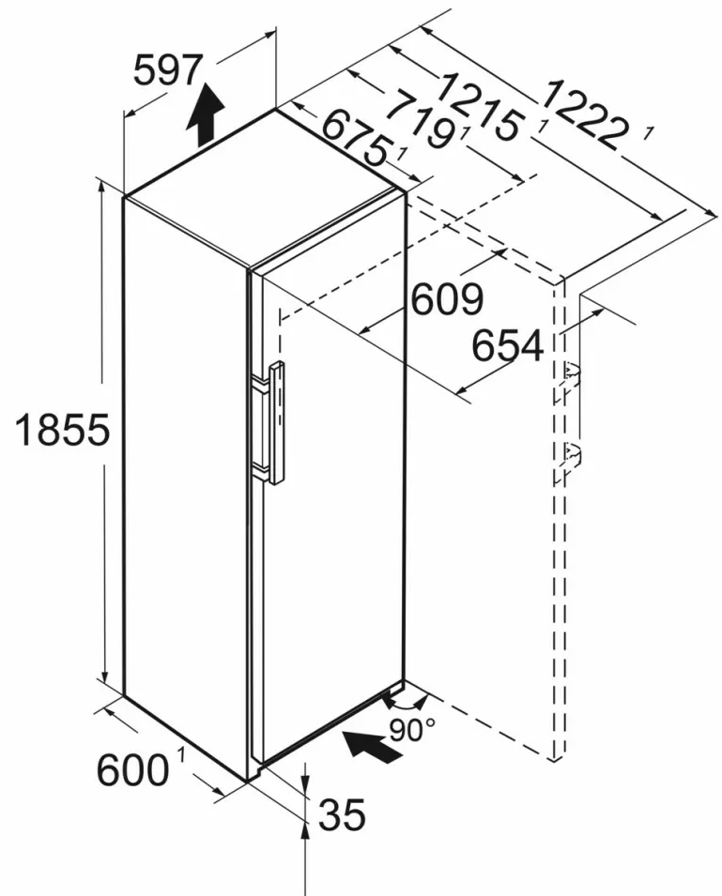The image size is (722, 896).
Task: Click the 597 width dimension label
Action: coord(168,71)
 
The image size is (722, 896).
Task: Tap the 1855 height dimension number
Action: coord(63,431)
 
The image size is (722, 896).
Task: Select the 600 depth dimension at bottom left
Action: coord(131,770)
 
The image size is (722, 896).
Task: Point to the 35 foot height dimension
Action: coord(341,815)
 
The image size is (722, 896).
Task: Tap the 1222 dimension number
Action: coord(583,114)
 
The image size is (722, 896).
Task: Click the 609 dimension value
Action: coord(447,300)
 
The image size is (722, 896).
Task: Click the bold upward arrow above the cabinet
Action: coord(205,112)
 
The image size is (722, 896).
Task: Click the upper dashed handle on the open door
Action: coord(571,374)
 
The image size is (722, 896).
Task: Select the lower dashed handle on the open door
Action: coord(571,456)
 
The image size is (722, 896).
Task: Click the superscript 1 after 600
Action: coord(178,753)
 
